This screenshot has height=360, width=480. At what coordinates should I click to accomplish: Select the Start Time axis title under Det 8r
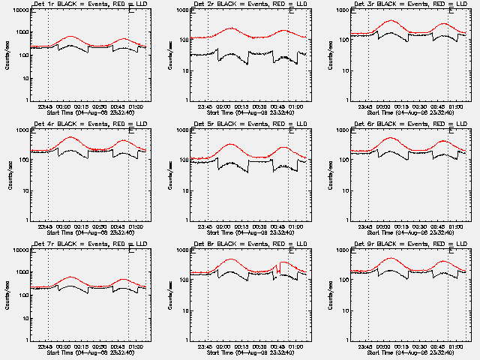point(248,352)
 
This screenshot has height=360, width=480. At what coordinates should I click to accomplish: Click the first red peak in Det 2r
point(230,28)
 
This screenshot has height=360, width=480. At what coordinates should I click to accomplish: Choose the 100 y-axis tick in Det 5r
point(183,160)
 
